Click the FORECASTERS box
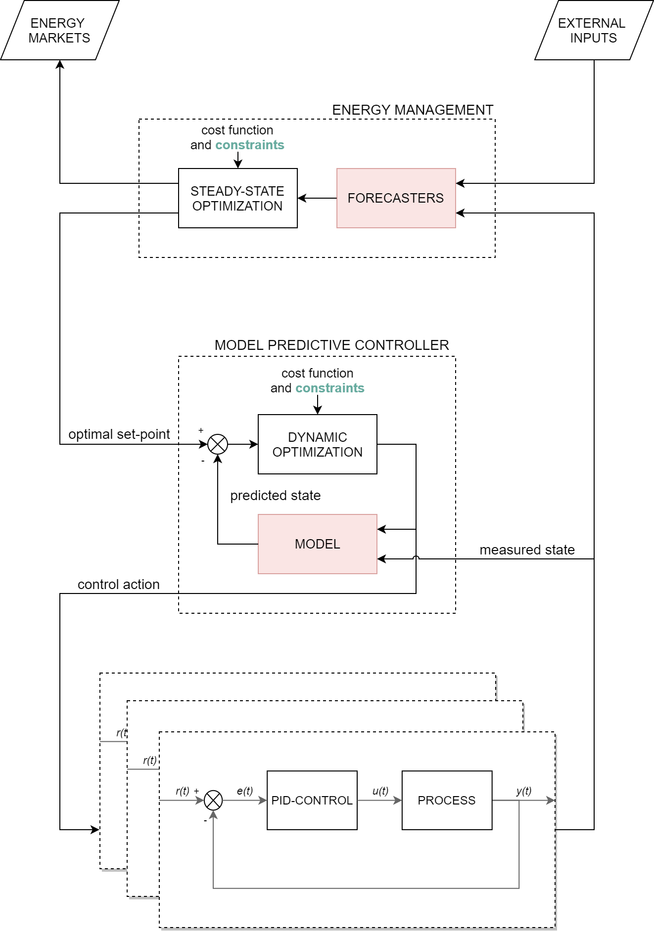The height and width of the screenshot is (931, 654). (396, 198)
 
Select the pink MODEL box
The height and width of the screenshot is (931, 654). (317, 544)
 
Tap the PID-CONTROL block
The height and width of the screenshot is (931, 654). (312, 800)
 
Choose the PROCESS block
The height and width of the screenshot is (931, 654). (446, 800)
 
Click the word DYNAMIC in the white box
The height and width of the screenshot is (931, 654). (317, 437)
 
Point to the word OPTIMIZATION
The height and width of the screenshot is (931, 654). (317, 452)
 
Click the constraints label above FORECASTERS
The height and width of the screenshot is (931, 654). (250, 145)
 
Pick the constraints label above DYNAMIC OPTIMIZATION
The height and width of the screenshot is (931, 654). (330, 388)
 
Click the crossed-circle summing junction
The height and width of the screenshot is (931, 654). (213, 800)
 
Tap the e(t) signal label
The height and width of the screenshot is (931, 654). (245, 791)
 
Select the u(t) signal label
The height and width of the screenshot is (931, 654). (380, 791)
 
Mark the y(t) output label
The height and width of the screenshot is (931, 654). (524, 791)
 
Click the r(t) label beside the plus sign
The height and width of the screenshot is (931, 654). (183, 791)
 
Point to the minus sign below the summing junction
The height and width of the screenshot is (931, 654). (205, 821)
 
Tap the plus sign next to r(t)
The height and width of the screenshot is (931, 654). (196, 791)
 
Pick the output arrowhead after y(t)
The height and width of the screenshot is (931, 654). (551, 801)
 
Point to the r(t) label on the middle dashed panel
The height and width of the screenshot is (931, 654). (150, 761)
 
